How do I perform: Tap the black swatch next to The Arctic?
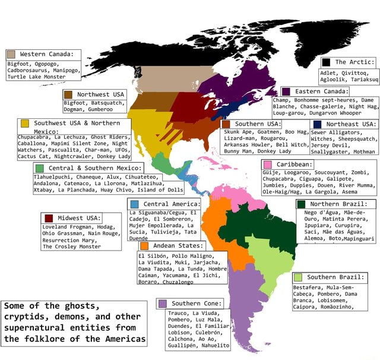tap(326, 62)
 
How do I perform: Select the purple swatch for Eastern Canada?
tap(286, 91)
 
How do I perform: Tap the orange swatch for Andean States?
tap(144, 245)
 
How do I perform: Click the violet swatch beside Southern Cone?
tap(162, 304)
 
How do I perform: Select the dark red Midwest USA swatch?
tap(48, 218)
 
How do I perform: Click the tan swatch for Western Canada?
tap(12, 54)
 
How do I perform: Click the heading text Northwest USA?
tap(101, 94)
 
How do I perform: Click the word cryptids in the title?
tap(27, 317)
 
